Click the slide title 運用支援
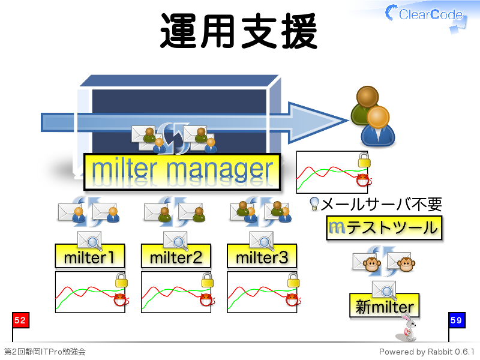pyautogui.click(x=238, y=31)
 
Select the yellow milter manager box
pyautogui.click(x=182, y=172)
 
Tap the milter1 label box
pyautogui.click(x=89, y=257)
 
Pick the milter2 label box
pyautogui.click(x=176, y=257)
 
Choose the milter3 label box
pyautogui.click(x=262, y=257)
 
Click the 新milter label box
pyautogui.click(x=384, y=305)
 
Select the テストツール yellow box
pyautogui.click(x=384, y=228)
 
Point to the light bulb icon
pyautogui.click(x=314, y=204)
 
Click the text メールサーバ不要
pyautogui.click(x=382, y=204)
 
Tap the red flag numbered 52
pyautogui.click(x=20, y=320)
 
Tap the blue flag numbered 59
pyautogui.click(x=457, y=320)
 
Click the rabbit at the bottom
pyautogui.click(x=407, y=328)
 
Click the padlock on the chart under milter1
pyautogui.click(x=121, y=280)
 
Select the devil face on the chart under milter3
pyautogui.click(x=293, y=299)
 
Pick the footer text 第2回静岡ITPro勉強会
pyautogui.click(x=44, y=352)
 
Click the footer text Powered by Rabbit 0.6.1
pyautogui.click(x=427, y=352)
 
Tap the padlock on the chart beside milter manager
pyautogui.click(x=364, y=160)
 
